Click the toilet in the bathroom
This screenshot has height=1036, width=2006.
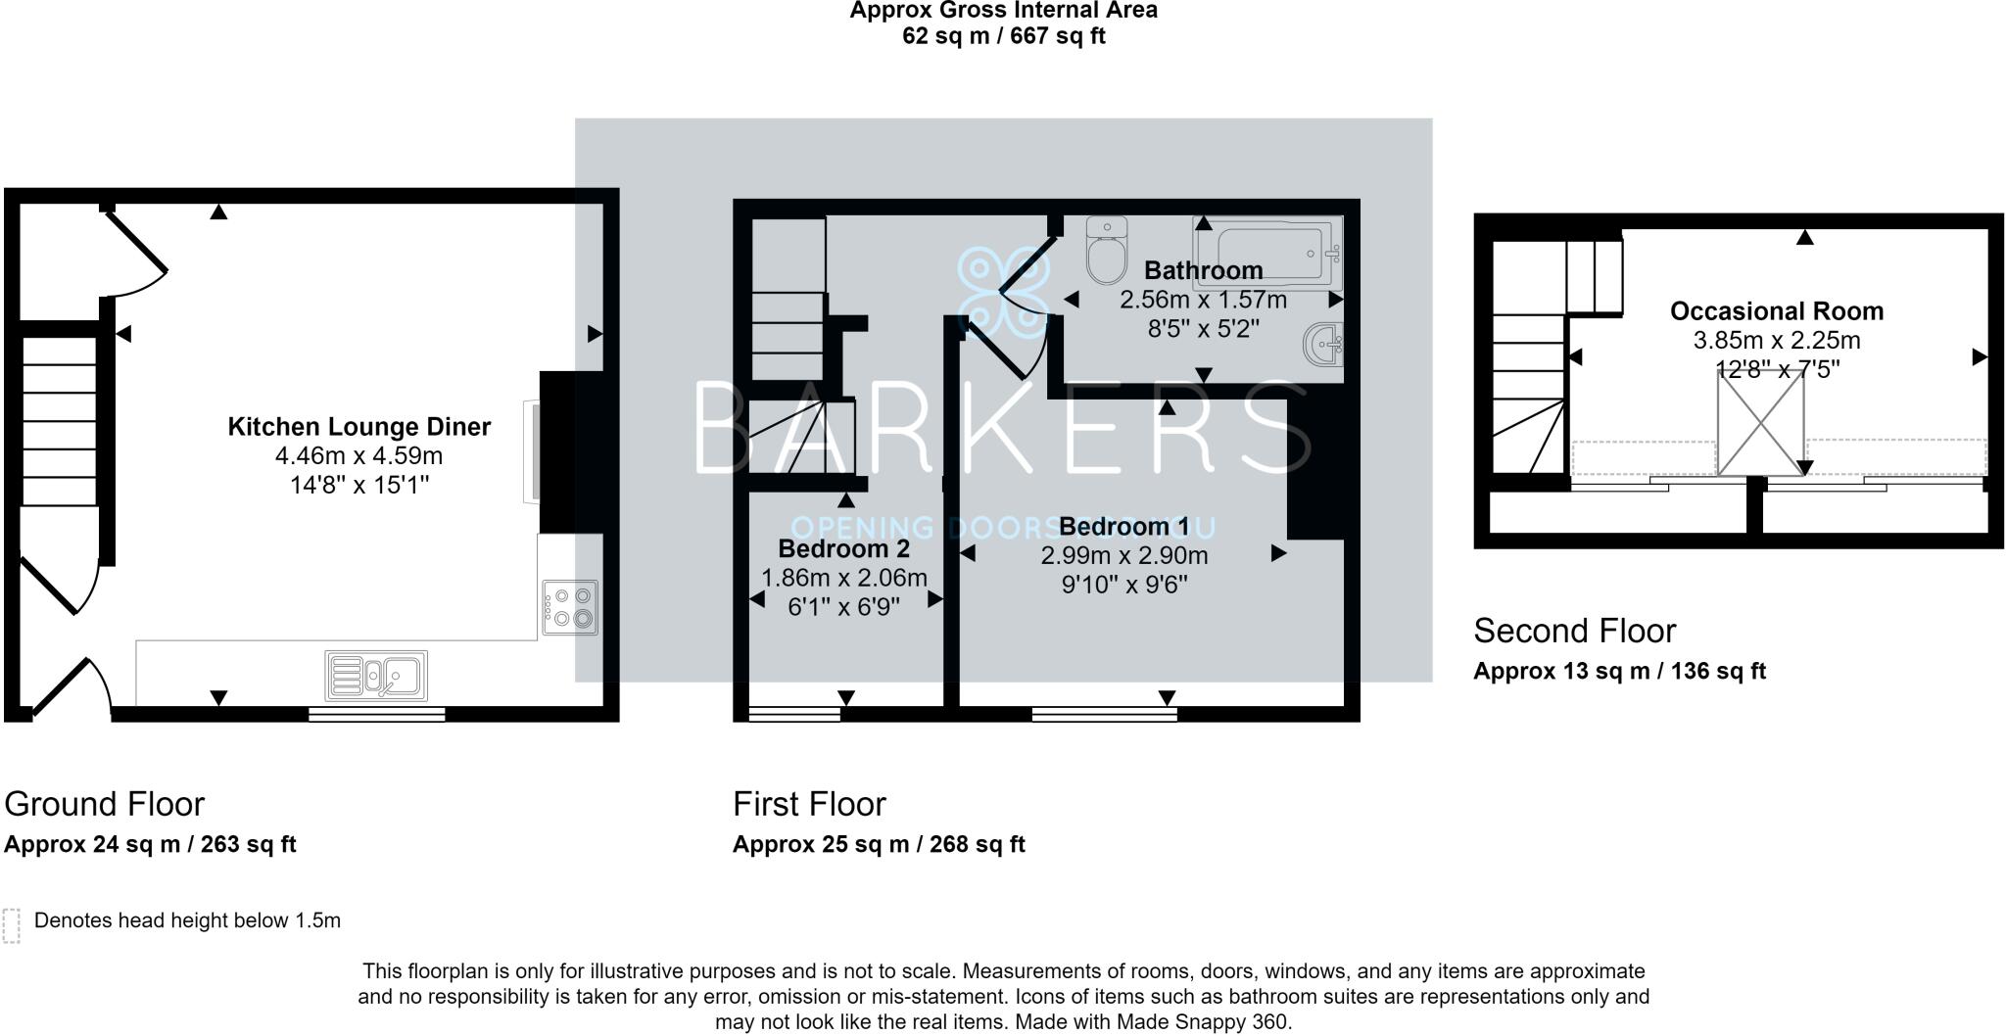[x=1108, y=250]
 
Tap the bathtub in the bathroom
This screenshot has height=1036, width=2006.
[x=1266, y=252]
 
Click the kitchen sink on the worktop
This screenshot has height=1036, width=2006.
[x=377, y=676]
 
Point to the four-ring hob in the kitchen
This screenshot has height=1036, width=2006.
[x=570, y=607]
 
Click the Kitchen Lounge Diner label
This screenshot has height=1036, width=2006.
[x=359, y=427]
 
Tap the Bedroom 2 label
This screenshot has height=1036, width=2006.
[x=844, y=548]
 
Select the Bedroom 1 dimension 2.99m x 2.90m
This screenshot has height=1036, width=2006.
[x=1124, y=556]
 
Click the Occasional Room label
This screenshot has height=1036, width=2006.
[x=1777, y=311]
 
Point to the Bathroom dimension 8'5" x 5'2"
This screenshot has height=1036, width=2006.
[x=1203, y=328]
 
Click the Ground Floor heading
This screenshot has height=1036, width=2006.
[x=105, y=804]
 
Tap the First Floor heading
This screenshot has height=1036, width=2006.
[x=809, y=804]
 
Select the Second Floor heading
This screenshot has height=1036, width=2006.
[x=1575, y=631]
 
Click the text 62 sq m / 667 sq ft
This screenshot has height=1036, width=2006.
[x=1004, y=36]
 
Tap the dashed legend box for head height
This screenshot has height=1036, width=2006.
[x=12, y=925]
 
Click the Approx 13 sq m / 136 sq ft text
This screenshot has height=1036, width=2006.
[x=1620, y=671]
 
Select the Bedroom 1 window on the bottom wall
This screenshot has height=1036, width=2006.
[x=1105, y=714]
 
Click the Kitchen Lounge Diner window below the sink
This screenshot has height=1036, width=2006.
[x=377, y=714]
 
